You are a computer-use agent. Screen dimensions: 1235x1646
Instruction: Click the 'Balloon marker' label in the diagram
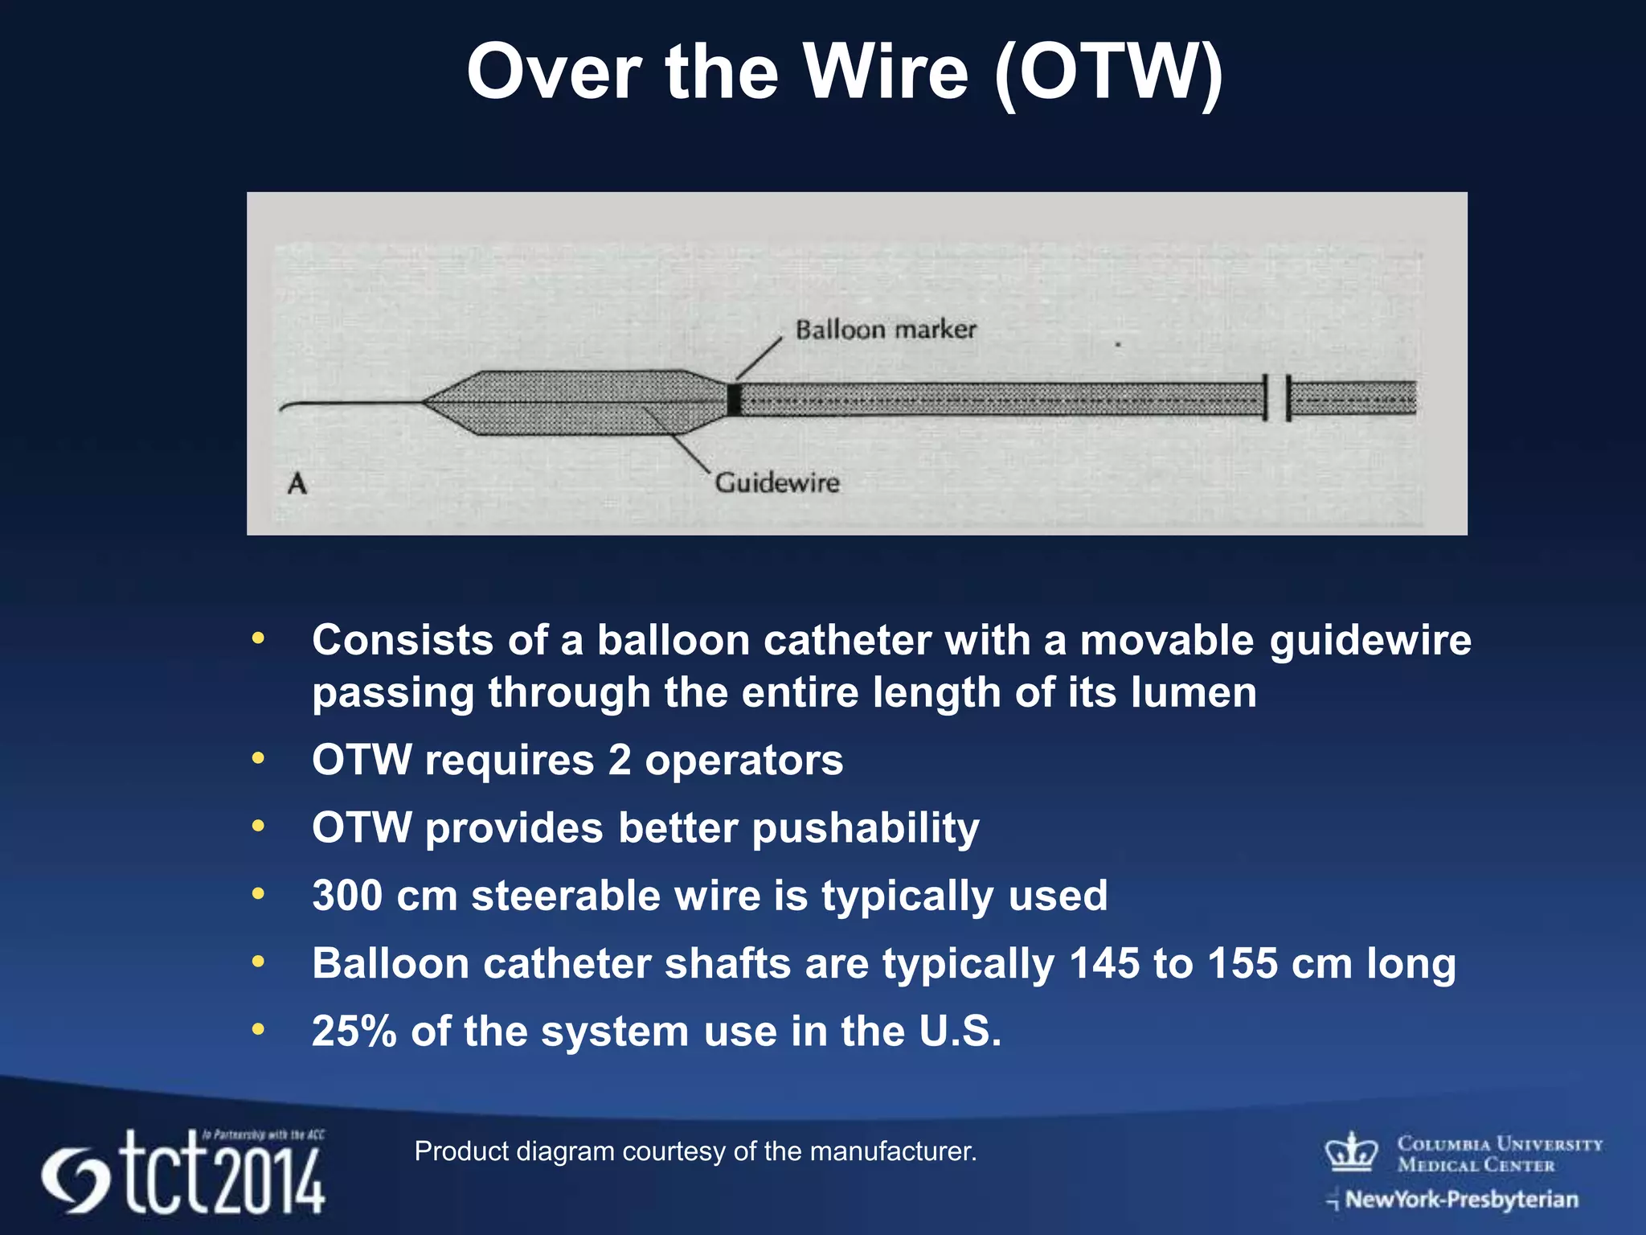point(886,330)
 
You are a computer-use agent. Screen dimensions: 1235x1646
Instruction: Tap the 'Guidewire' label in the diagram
point(777,482)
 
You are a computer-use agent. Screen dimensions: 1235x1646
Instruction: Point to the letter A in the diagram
point(297,483)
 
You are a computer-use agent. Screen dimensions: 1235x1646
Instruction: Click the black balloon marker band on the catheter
point(733,400)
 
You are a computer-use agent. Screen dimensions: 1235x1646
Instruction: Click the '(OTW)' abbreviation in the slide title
point(1108,74)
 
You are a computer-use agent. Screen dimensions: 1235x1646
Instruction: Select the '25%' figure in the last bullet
point(354,1031)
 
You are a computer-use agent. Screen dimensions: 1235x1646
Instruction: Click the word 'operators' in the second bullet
point(743,760)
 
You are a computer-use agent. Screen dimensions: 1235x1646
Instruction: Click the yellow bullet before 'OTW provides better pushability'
point(258,826)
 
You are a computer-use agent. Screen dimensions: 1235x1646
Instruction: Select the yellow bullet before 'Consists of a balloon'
point(258,639)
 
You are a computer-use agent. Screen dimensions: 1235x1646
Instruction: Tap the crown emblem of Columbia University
point(1351,1152)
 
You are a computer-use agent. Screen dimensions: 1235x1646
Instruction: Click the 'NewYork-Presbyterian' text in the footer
point(1461,1200)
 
